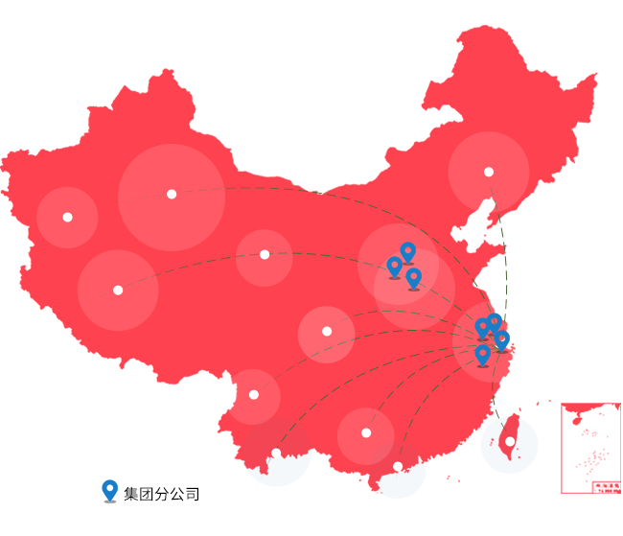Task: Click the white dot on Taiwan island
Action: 510,442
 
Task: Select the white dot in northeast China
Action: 489,173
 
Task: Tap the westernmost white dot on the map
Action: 67,217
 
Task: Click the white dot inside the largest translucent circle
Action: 172,194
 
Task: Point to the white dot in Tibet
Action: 118,290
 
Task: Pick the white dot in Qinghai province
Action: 265,254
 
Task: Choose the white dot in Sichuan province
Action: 327,331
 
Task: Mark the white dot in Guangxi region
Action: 366,432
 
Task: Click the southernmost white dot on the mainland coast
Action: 398,467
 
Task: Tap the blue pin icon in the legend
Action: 109,491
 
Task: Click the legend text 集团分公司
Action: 162,495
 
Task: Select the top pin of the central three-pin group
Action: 407,252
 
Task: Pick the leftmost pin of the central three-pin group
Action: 394,267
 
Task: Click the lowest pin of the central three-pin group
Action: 413,278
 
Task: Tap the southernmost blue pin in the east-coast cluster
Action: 482,355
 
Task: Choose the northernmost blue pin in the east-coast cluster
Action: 494,323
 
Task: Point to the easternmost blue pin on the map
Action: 501,339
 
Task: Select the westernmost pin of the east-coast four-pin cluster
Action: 482,328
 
